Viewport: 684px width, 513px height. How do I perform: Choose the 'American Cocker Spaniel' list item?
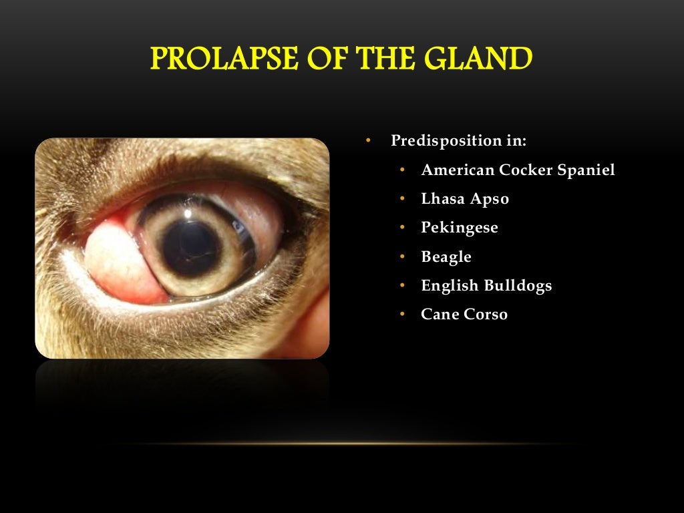click(518, 170)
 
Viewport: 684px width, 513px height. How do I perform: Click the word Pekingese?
click(460, 228)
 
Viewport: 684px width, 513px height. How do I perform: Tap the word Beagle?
click(446, 256)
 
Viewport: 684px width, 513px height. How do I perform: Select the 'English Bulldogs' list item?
click(486, 286)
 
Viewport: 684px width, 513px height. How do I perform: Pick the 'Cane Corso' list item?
click(464, 314)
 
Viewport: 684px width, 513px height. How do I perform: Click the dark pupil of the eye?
click(191, 247)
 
